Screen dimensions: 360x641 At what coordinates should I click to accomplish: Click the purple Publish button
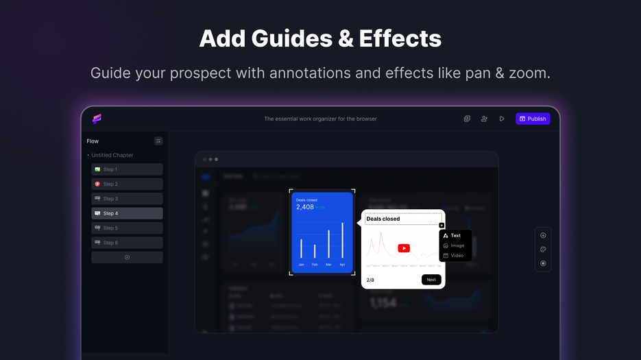tap(533, 119)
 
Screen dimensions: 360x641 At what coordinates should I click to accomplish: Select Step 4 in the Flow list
tap(127, 213)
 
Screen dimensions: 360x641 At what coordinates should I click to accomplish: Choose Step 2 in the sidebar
tap(127, 184)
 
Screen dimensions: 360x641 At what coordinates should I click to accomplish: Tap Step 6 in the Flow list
tap(127, 243)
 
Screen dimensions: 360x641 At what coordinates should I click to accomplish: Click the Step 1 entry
tap(127, 169)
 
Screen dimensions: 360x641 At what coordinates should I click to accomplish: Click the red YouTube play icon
tap(404, 248)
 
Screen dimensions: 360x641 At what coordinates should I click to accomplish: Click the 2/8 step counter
tap(370, 280)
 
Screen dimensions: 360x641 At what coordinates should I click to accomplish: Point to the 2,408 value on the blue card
tap(305, 207)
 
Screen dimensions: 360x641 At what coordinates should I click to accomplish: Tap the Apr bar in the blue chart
tap(342, 241)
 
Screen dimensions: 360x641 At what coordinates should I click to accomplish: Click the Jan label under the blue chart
tap(301, 265)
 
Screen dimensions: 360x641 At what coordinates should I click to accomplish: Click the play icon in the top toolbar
tap(502, 119)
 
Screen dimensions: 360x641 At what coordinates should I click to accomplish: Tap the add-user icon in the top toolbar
tap(484, 119)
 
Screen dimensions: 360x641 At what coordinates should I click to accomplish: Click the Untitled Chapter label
tap(112, 155)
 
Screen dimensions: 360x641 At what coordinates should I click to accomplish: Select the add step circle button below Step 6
tap(127, 257)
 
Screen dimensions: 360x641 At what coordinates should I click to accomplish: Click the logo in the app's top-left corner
tap(97, 119)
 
